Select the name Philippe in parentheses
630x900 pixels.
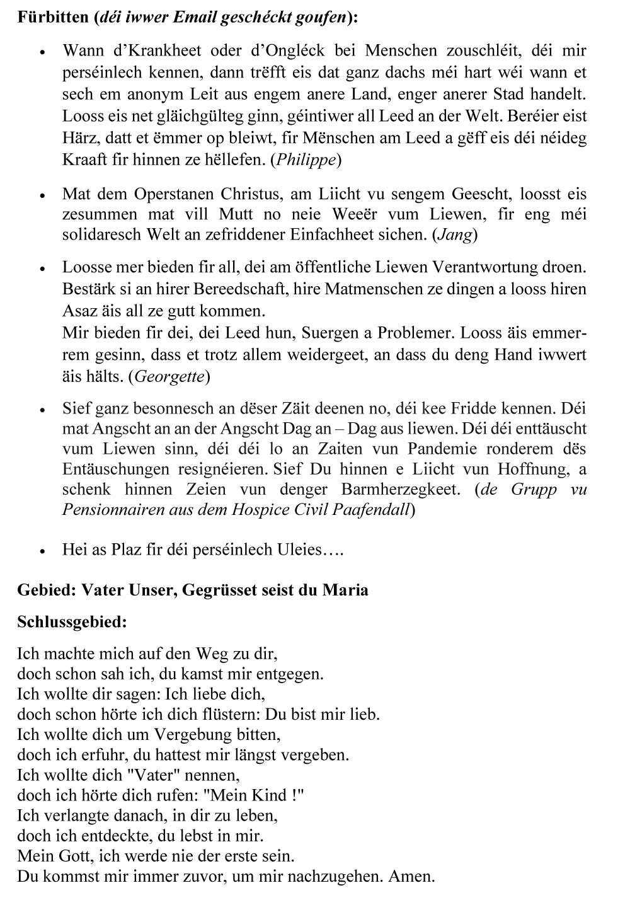coord(306,160)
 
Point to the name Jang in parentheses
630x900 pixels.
coord(455,235)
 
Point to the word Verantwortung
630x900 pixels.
coord(484,267)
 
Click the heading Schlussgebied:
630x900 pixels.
coord(72,622)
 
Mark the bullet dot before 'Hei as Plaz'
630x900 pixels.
coord(42,551)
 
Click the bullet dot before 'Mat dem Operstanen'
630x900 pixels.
coord(42,195)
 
